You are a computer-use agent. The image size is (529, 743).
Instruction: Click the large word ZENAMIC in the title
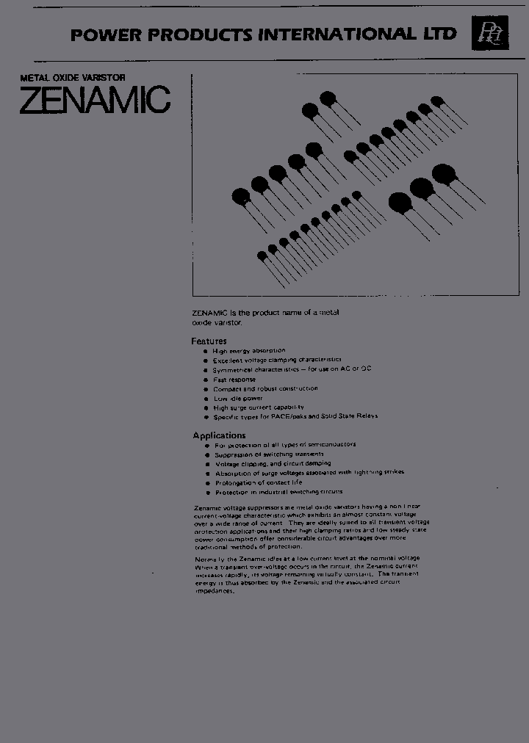(x=95, y=101)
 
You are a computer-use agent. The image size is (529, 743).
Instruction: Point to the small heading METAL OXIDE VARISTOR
(x=62, y=77)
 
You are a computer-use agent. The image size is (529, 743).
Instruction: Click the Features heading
(x=209, y=341)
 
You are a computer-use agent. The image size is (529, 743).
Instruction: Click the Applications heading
(x=219, y=435)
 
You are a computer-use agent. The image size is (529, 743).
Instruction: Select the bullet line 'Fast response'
(x=234, y=380)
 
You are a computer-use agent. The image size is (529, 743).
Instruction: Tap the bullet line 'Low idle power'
(x=237, y=398)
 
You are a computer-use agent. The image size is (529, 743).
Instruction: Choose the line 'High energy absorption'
(x=249, y=351)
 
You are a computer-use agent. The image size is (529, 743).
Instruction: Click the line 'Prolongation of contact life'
(x=258, y=482)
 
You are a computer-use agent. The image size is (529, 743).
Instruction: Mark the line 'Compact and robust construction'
(x=265, y=388)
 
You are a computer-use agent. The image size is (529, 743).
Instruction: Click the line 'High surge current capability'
(x=258, y=407)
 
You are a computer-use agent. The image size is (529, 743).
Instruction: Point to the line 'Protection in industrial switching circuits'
(x=278, y=492)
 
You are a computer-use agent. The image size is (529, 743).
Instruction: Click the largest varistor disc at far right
(x=443, y=174)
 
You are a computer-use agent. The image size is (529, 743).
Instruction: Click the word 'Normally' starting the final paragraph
(x=210, y=559)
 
